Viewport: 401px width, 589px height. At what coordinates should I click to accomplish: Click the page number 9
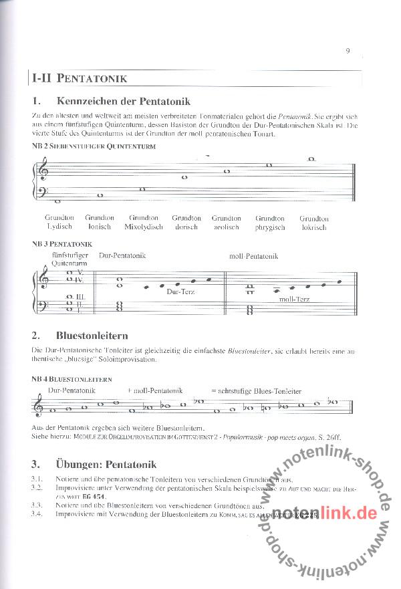click(348, 49)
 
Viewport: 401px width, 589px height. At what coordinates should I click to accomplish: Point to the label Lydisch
click(59, 227)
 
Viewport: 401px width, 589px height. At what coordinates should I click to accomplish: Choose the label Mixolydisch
click(144, 227)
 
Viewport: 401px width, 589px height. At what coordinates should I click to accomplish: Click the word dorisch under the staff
click(186, 227)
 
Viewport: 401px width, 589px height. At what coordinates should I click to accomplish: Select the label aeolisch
click(227, 227)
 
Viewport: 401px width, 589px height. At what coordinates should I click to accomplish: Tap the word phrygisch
click(270, 227)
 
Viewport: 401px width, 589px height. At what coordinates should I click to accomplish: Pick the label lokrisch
click(313, 227)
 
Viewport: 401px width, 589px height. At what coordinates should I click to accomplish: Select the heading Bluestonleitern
click(93, 335)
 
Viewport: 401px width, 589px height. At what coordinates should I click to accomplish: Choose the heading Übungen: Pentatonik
click(107, 464)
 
